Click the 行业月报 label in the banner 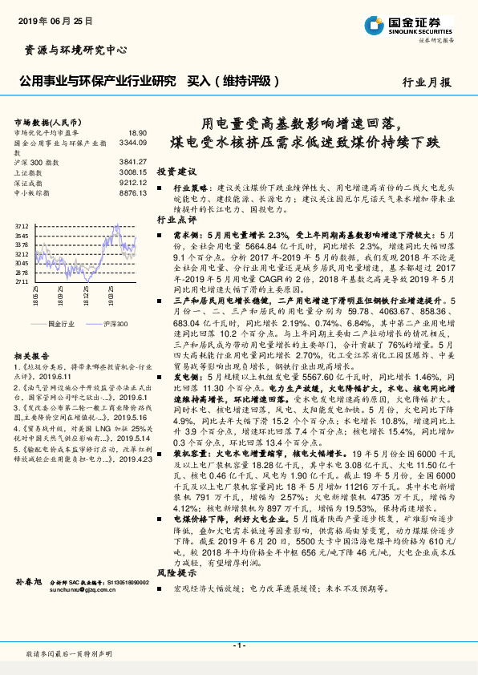426,82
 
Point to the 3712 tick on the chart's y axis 22,226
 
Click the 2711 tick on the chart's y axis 22,282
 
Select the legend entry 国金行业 60,323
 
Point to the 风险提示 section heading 176,574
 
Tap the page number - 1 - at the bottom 238,645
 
